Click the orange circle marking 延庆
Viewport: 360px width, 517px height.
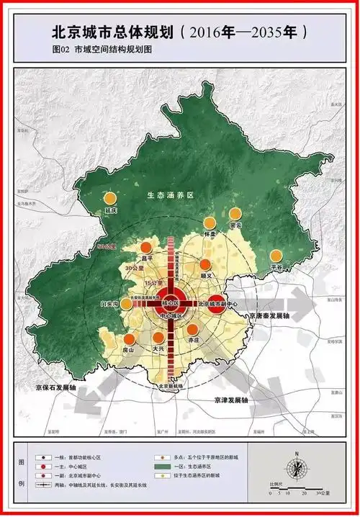[110, 198]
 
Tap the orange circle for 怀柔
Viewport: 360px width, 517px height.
[210, 222]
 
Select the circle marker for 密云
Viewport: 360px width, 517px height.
[235, 214]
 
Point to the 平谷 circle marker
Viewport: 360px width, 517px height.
[276, 255]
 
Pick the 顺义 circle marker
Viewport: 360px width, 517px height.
[206, 264]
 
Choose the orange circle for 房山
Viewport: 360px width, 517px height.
[129, 339]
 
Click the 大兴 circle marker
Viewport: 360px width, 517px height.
[158, 338]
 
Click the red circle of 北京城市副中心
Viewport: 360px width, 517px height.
[216, 304]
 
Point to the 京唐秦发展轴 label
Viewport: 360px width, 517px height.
[265, 315]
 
